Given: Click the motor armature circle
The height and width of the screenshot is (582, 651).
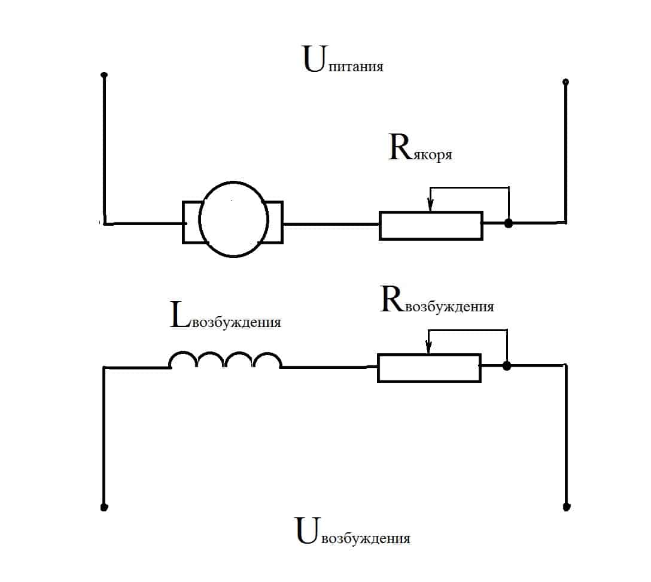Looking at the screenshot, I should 233,220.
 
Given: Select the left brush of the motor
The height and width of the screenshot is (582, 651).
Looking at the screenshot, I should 191,222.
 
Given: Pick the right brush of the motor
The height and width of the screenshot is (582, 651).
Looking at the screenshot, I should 274,222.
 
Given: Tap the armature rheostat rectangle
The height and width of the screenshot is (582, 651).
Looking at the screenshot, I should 431,225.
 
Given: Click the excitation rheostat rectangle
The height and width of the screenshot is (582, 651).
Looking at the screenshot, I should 429,368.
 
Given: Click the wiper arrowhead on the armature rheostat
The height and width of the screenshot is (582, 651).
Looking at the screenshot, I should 430,206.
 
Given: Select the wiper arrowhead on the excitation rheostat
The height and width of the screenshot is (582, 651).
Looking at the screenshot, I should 428,348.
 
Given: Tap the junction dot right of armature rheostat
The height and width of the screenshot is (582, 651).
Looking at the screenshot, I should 509,224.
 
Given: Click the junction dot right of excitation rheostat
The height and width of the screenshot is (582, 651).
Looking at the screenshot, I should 507,366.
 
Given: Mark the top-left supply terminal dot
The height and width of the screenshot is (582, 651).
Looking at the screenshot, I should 104,75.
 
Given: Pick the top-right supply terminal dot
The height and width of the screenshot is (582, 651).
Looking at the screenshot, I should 565,81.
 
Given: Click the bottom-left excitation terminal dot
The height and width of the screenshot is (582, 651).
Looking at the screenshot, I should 104,508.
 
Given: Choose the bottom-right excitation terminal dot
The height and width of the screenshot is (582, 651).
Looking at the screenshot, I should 566,507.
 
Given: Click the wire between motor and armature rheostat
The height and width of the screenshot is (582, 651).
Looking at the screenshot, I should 331,224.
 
